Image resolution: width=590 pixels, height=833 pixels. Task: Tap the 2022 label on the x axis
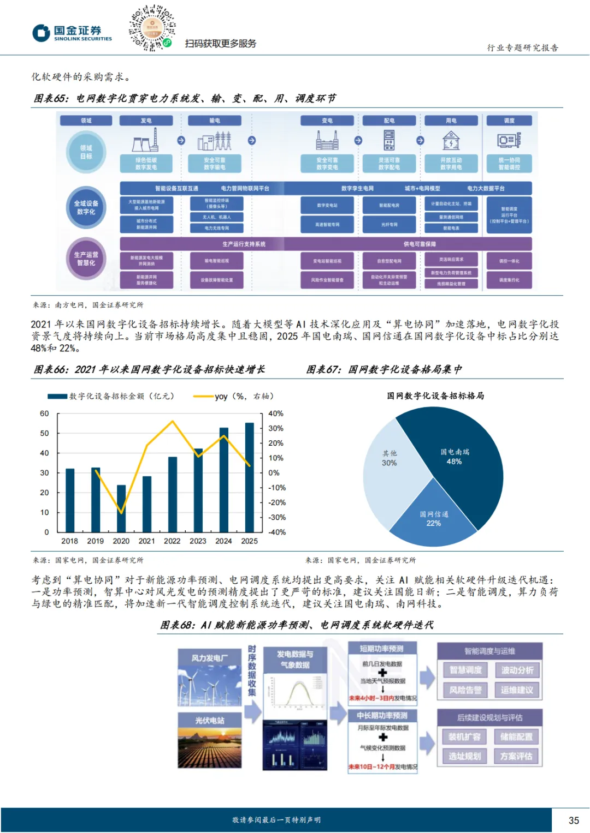(x=172, y=541)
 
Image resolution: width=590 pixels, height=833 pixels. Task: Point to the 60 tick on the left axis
(x=44, y=413)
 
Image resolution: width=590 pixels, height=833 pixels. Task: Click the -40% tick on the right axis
(x=277, y=532)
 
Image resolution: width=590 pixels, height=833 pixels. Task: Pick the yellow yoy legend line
(x=203, y=397)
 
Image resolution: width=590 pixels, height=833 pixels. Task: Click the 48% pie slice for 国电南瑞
(x=464, y=464)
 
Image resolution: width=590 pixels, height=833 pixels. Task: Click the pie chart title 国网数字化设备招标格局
(x=435, y=395)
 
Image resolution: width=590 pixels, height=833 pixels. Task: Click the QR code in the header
(x=152, y=28)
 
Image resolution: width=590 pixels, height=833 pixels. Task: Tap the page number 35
(x=574, y=820)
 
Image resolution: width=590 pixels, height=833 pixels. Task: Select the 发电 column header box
(x=146, y=121)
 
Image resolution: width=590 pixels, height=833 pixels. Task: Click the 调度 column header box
(x=509, y=121)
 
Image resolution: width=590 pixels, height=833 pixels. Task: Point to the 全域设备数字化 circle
(x=86, y=207)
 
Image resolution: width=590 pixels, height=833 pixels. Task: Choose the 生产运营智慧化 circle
(x=86, y=259)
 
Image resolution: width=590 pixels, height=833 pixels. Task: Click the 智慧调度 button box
(x=465, y=670)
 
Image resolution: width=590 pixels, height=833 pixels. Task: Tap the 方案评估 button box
(x=516, y=756)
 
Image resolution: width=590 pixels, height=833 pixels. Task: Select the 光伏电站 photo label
(x=210, y=721)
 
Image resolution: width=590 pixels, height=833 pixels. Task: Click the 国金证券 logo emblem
(x=41, y=33)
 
